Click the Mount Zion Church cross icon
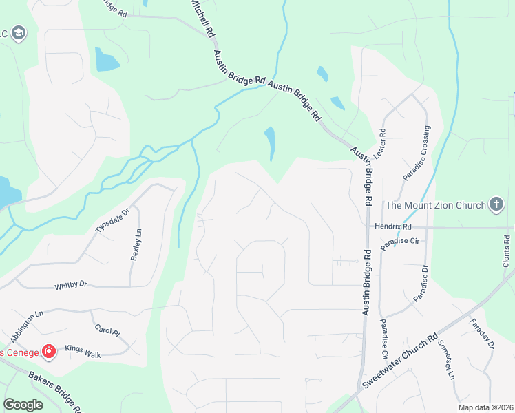pos(495,204)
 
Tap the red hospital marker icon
pos(49,352)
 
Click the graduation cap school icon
pos(19,32)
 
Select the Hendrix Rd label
pos(393,226)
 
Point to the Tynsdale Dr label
pos(112,222)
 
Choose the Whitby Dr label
pos(71,284)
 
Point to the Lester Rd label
pos(382,141)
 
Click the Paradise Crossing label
pos(417,153)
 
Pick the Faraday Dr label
pos(482,334)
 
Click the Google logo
pos(23,405)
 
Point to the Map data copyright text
pos(486,407)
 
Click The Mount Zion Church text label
pos(434,204)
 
